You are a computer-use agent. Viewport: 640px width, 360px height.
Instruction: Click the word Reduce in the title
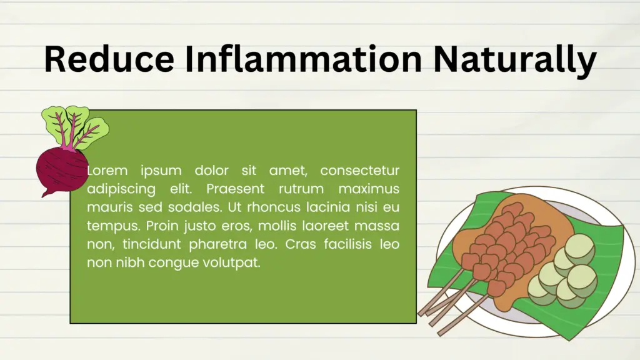(109, 59)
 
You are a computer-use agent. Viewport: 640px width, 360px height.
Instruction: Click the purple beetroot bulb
(61, 171)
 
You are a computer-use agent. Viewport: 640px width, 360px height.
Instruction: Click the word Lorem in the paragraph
(107, 170)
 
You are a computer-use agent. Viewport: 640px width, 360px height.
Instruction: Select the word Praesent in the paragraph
(235, 189)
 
